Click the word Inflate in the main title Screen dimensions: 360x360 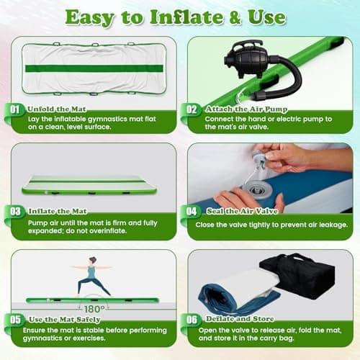[x=186, y=17]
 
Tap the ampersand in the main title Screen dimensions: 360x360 [x=235, y=18]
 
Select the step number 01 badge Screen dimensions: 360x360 [x=15, y=109]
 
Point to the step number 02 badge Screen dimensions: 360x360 [x=192, y=109]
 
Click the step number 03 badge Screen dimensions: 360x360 [x=15, y=212]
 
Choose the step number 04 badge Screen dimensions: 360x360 [x=192, y=212]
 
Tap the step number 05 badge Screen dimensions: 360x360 [x=15, y=320]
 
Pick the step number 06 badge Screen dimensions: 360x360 [x=192, y=320]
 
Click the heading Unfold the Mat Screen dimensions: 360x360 [x=57, y=109]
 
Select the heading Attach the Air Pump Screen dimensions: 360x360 [x=246, y=109]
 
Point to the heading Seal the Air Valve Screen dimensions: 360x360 [x=243, y=211]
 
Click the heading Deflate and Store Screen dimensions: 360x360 [x=240, y=319]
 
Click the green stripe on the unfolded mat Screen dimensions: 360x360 [x=94, y=68]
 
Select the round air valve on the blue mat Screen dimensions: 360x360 [x=257, y=190]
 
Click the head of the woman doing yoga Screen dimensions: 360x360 [x=93, y=261]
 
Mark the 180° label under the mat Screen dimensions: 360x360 [x=94, y=309]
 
